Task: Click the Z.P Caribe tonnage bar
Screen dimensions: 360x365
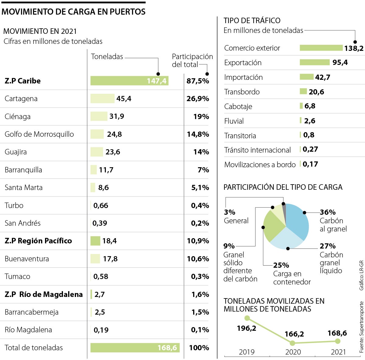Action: point(129,81)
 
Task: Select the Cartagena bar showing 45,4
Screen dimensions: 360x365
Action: point(102,99)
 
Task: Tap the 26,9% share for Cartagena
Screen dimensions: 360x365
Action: point(198,99)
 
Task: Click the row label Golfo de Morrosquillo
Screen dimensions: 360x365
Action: point(39,134)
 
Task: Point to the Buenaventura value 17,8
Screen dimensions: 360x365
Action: point(110,259)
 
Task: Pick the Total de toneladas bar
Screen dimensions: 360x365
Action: point(135,348)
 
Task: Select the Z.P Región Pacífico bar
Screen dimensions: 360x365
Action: point(95,241)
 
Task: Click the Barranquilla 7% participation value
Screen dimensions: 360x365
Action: point(203,170)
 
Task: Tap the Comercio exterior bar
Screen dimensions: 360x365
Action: point(321,48)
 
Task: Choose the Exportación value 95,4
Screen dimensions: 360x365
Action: point(340,62)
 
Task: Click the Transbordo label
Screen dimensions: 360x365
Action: point(242,92)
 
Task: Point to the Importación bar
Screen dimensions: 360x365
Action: point(306,77)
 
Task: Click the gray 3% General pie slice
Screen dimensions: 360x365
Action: point(284,210)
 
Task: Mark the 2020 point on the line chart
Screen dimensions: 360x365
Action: point(292,343)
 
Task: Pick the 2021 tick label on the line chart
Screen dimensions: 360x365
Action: point(338,352)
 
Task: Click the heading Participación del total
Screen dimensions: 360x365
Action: point(192,60)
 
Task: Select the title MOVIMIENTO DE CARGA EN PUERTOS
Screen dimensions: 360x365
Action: point(74,12)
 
